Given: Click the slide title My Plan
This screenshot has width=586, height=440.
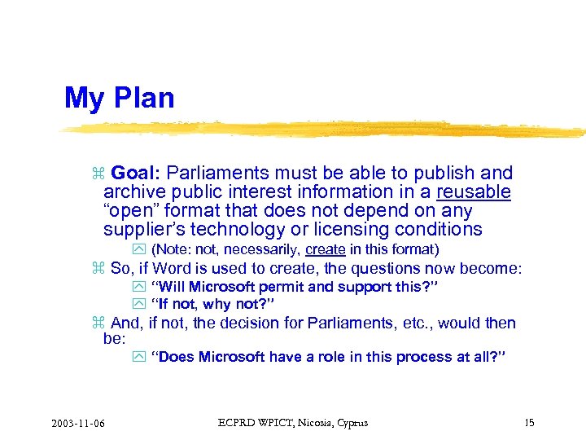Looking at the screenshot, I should coord(119,98).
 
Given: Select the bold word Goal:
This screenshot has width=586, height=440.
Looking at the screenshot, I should coord(138,173).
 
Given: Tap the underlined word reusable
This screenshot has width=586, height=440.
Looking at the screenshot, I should coord(474,192).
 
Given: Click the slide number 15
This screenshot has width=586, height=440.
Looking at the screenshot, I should coord(529,423).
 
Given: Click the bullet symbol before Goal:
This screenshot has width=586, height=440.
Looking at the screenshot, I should coord(98,174).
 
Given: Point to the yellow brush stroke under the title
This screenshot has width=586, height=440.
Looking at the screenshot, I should coord(326,129).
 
